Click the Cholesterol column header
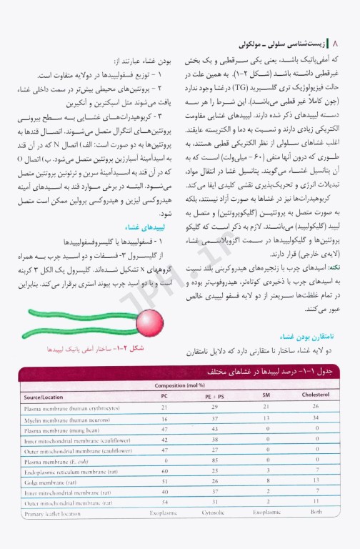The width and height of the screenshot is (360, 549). click(316, 395)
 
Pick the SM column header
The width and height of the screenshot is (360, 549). click(266, 395)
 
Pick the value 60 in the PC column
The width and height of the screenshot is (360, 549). click(164, 470)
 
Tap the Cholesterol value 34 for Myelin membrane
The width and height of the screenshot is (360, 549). click(316, 418)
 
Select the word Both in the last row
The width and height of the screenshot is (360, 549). click(316, 513)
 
